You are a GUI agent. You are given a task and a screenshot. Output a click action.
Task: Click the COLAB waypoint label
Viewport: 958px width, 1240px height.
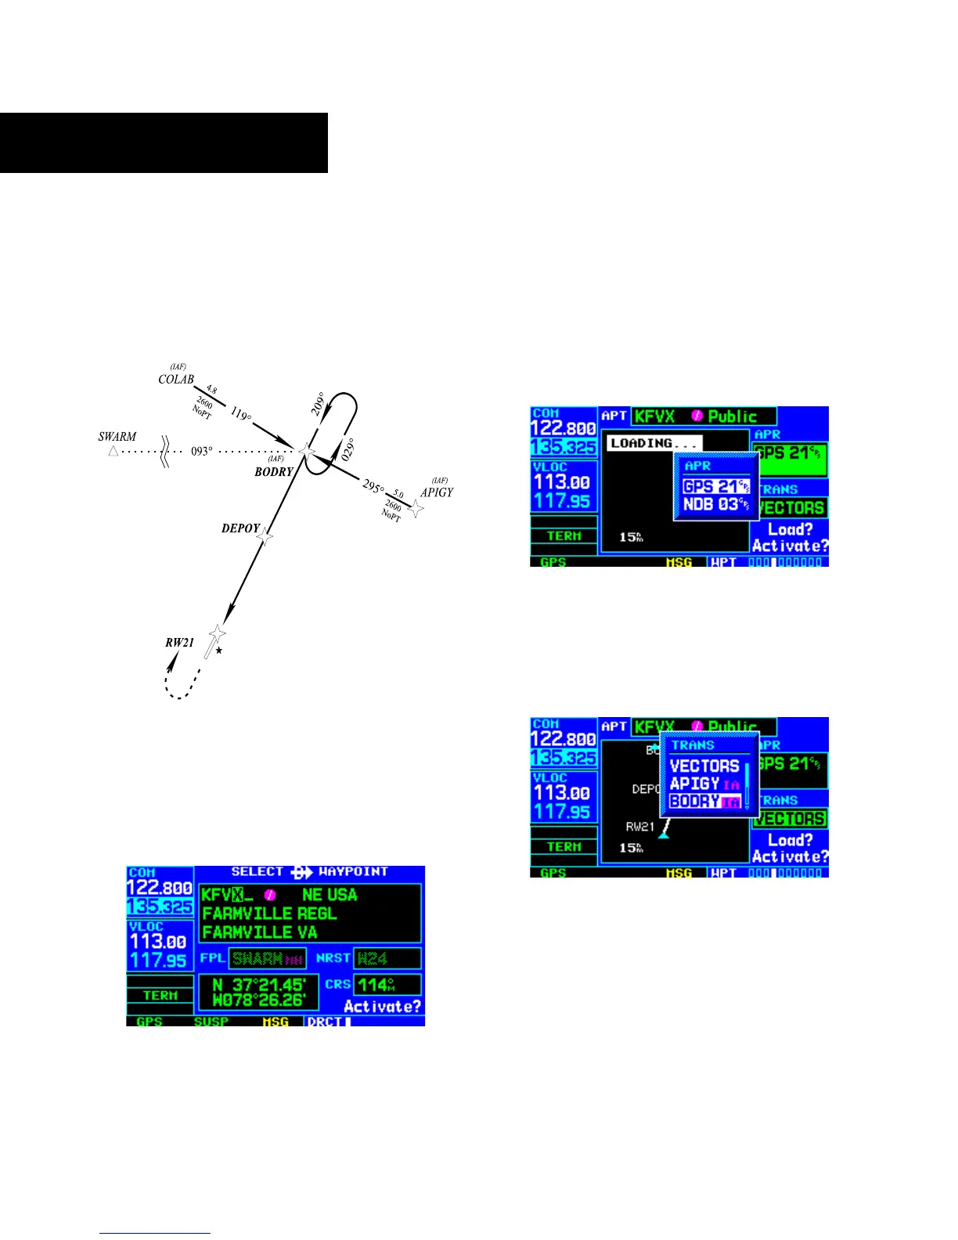pos(176,380)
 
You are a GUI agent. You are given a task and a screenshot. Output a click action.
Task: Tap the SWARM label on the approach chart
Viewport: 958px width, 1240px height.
pos(117,437)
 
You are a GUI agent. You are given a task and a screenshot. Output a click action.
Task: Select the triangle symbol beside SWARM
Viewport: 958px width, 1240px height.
pos(113,451)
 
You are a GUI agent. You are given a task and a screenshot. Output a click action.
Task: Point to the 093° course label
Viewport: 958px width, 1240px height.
pos(202,452)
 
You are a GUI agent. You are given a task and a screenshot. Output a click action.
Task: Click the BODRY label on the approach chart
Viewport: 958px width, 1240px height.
pos(273,472)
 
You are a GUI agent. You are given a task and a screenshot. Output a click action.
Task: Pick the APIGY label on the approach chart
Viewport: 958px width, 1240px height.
pos(437,492)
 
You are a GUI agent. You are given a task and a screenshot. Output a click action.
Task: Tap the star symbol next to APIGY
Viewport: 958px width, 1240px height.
pos(417,509)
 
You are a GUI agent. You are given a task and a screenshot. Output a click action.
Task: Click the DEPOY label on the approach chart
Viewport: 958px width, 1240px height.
pos(240,528)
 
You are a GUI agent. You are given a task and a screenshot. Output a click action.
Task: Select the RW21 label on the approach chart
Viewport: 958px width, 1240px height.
pos(179,643)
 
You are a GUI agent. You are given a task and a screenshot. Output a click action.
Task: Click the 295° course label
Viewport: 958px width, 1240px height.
pos(373,488)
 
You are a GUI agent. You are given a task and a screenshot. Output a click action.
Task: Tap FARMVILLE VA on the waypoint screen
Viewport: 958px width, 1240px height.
pos(259,932)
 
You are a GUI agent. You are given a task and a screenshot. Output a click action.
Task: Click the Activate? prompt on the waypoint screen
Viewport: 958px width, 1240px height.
pos(382,1006)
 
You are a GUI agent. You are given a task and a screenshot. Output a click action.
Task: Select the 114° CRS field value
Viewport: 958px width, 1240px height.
pos(379,985)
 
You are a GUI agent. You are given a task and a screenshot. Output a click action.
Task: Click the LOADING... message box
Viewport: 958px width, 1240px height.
pos(654,443)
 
